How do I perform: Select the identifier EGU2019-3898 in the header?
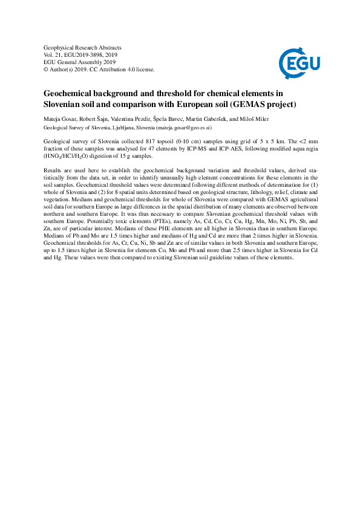click(94, 54)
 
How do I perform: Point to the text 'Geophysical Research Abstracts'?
click(83, 47)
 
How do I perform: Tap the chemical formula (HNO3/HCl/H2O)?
click(67, 155)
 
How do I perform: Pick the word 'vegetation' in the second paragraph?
click(58, 199)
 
